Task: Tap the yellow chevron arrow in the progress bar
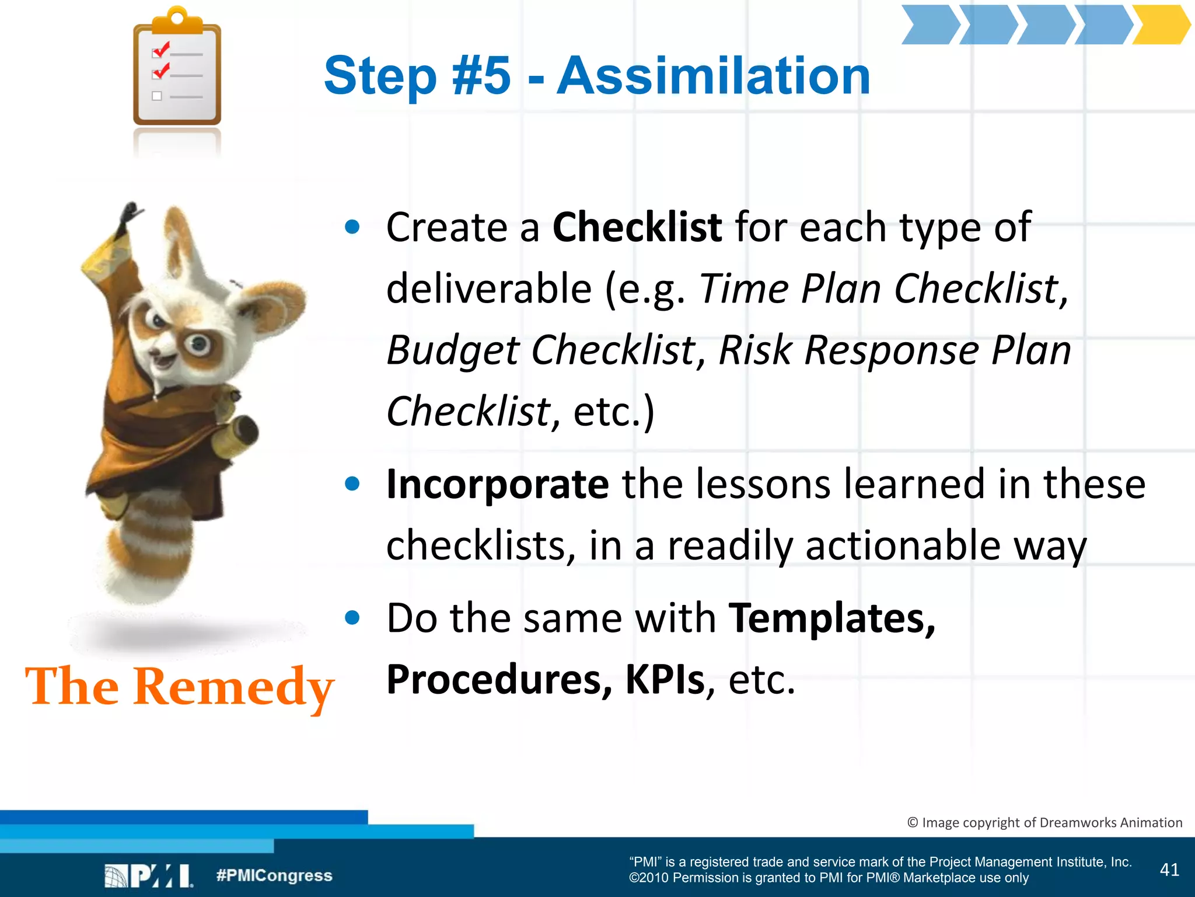coord(1160,25)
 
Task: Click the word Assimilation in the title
coord(713,76)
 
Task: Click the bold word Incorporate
coord(497,484)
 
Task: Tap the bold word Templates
coord(831,618)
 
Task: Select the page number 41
coord(1169,870)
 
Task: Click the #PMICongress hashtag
coord(274,875)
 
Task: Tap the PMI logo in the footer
coord(149,875)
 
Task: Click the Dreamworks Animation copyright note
coord(1044,822)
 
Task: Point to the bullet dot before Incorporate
coord(352,484)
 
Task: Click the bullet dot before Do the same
coord(352,617)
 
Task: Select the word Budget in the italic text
coord(452,350)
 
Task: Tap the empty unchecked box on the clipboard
coord(156,96)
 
